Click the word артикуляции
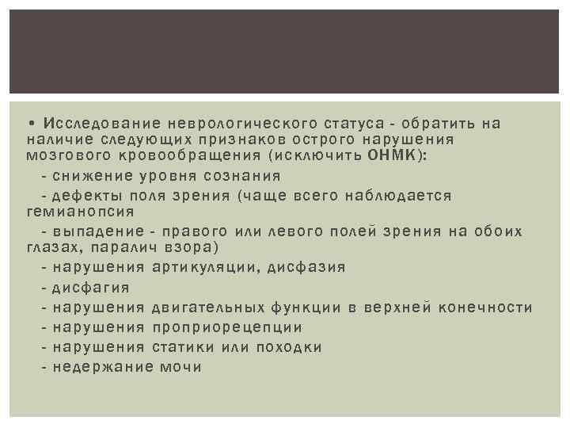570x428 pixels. [x=206, y=267]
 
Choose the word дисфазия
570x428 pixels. [x=306, y=267]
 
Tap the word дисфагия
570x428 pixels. [x=90, y=287]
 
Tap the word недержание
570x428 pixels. [x=101, y=366]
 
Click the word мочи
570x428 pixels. [x=180, y=366]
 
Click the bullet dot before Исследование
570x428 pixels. [x=28, y=123]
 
